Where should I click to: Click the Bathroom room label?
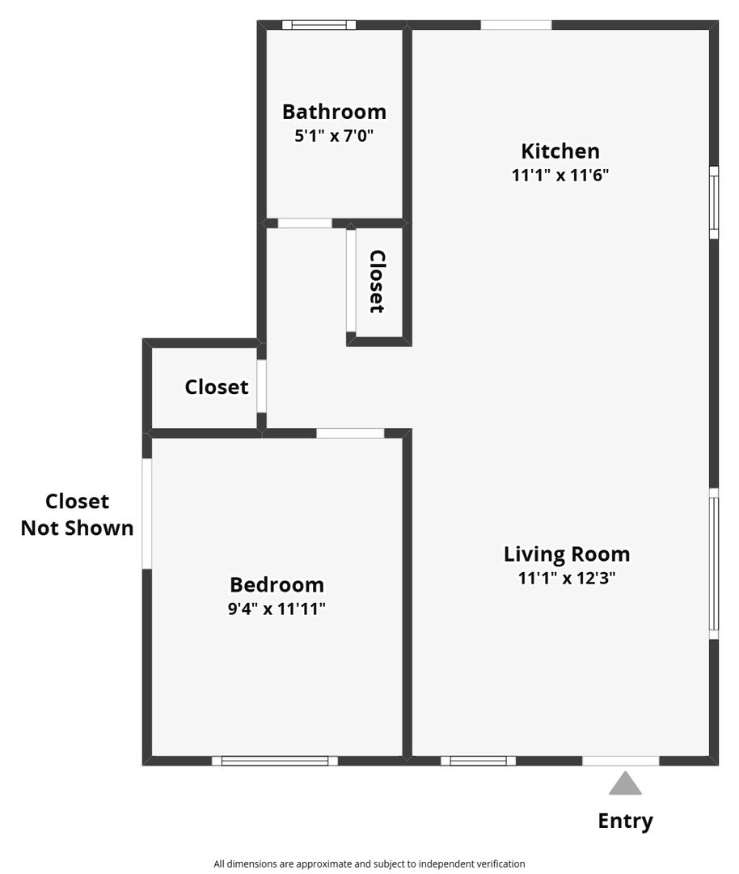point(334,112)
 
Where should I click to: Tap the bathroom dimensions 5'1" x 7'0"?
point(334,135)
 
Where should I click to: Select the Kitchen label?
point(560,151)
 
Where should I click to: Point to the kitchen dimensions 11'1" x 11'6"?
point(560,175)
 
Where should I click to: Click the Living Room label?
point(567,554)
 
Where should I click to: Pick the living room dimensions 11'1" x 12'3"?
point(567,578)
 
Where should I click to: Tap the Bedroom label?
point(277,585)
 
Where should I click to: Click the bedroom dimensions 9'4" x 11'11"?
point(277,609)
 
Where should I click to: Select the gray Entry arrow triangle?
point(625,783)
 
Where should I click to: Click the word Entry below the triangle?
point(625,821)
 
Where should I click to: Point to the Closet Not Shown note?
point(78,515)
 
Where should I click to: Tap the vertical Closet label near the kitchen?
point(378,282)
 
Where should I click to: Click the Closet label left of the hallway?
point(217,387)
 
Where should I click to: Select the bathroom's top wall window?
point(319,24)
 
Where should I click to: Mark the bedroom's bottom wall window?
point(275,761)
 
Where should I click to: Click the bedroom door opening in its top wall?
point(350,433)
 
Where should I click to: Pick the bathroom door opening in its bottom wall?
point(305,223)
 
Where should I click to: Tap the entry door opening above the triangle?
point(621,761)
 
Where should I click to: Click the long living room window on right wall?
point(713,563)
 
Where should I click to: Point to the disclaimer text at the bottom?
point(369,864)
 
